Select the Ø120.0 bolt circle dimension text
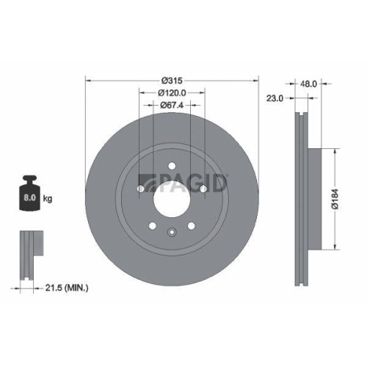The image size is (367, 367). click(171, 92)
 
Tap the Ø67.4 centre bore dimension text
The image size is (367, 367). click(171, 105)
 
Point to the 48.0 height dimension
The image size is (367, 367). click(308, 84)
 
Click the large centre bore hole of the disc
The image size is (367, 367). click(171, 197)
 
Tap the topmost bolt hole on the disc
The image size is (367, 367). click(171, 166)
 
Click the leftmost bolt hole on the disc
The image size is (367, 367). click(140, 188)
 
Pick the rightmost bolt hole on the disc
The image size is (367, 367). click(203, 188)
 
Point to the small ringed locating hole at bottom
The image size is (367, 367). click(171, 234)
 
